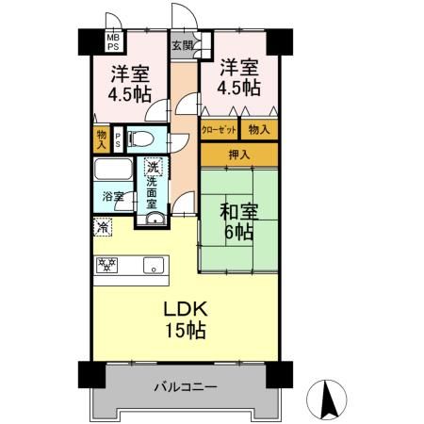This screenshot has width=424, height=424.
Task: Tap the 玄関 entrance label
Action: (x=182, y=44)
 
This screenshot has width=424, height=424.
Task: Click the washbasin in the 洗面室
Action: (x=152, y=219)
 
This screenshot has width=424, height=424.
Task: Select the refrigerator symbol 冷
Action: (x=102, y=226)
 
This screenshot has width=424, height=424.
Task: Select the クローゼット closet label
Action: (x=219, y=129)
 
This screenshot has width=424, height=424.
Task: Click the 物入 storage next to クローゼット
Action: (x=259, y=128)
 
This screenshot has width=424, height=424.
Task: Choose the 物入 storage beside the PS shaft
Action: (x=102, y=139)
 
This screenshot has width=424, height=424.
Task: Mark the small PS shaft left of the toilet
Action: (x=118, y=139)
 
